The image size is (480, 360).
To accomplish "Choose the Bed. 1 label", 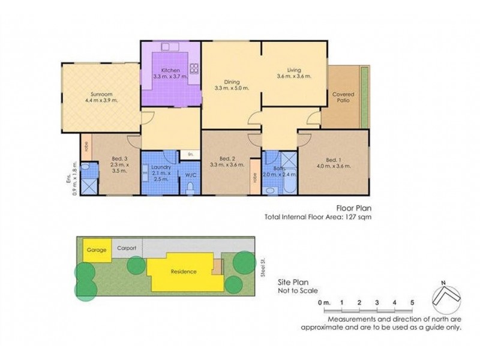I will [x=332, y=160].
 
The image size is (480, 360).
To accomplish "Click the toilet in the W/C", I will [x=190, y=188].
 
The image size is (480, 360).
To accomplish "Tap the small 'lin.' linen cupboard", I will [x=190, y=155].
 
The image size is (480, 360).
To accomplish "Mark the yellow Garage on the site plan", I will [x=96, y=251].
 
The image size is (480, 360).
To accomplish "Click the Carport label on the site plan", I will [x=125, y=247].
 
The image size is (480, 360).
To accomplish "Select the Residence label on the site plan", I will [x=184, y=271].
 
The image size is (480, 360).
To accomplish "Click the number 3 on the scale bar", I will [x=376, y=302].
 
